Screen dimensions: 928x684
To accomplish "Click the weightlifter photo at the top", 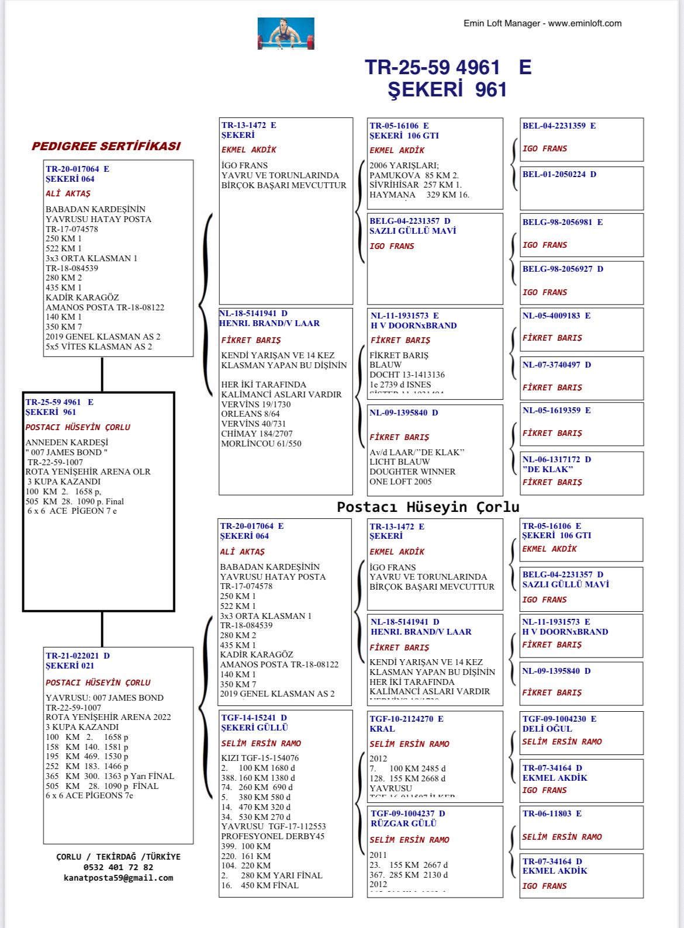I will coord(286,33).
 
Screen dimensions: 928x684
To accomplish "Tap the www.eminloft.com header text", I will coord(585,23).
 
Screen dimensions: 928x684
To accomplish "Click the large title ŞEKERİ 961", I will coord(447,90).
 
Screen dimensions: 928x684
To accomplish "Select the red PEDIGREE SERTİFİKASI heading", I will coord(106,146).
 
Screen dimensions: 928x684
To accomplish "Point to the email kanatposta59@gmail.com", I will coord(119,878).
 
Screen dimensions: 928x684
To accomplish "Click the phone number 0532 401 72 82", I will coord(118,867).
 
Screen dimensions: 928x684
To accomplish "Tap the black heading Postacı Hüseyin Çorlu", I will coord(428,507).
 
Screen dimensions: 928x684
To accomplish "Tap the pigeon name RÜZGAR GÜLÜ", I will coord(403,823).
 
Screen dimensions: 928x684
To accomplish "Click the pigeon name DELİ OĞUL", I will coord(547,729).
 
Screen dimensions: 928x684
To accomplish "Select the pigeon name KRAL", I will coord(382,729).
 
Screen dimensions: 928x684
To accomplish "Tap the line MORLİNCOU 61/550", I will coord(261,444).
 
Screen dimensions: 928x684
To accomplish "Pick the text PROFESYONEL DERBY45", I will coord(272,836).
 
